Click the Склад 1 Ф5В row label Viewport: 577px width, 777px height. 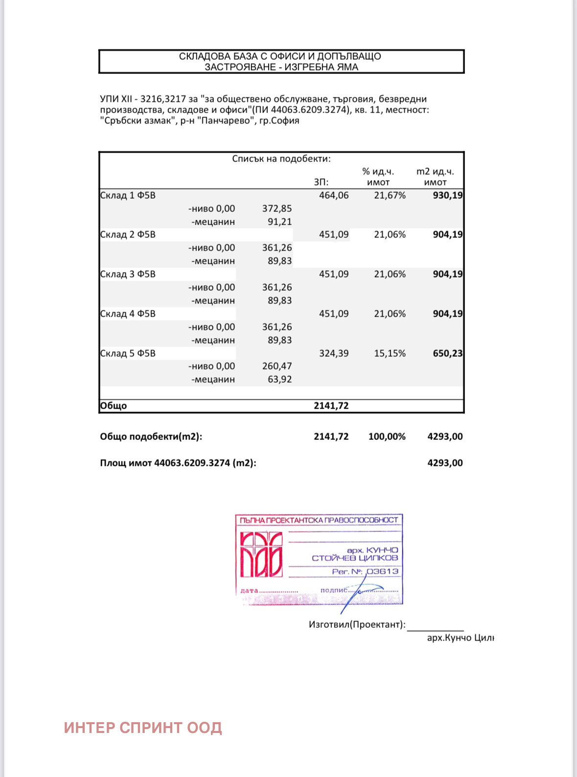click(x=128, y=195)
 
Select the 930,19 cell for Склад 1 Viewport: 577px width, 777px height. click(x=447, y=195)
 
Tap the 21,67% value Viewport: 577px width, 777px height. click(x=390, y=195)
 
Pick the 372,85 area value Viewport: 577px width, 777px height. click(x=277, y=208)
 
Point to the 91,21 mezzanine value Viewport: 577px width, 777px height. click(x=279, y=222)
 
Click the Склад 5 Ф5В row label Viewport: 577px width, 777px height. click(x=128, y=353)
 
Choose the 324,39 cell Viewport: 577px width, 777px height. click(x=334, y=353)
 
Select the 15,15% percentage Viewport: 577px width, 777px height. click(x=390, y=353)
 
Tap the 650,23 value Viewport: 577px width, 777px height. click(x=447, y=353)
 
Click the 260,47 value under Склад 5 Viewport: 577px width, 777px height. click(x=277, y=366)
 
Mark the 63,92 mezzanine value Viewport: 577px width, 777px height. click(x=279, y=379)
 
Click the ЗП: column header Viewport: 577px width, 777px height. click(x=321, y=182)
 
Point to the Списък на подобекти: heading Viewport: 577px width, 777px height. click(x=281, y=159)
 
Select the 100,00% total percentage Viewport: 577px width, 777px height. click(x=387, y=436)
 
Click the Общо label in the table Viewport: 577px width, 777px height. click(x=114, y=406)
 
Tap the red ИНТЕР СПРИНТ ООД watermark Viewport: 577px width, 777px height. click(x=143, y=728)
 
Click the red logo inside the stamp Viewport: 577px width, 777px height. click(x=261, y=554)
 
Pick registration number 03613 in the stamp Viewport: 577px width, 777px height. click(x=382, y=571)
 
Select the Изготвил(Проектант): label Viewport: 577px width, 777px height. click(x=357, y=624)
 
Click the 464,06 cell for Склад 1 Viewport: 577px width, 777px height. click(x=334, y=195)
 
